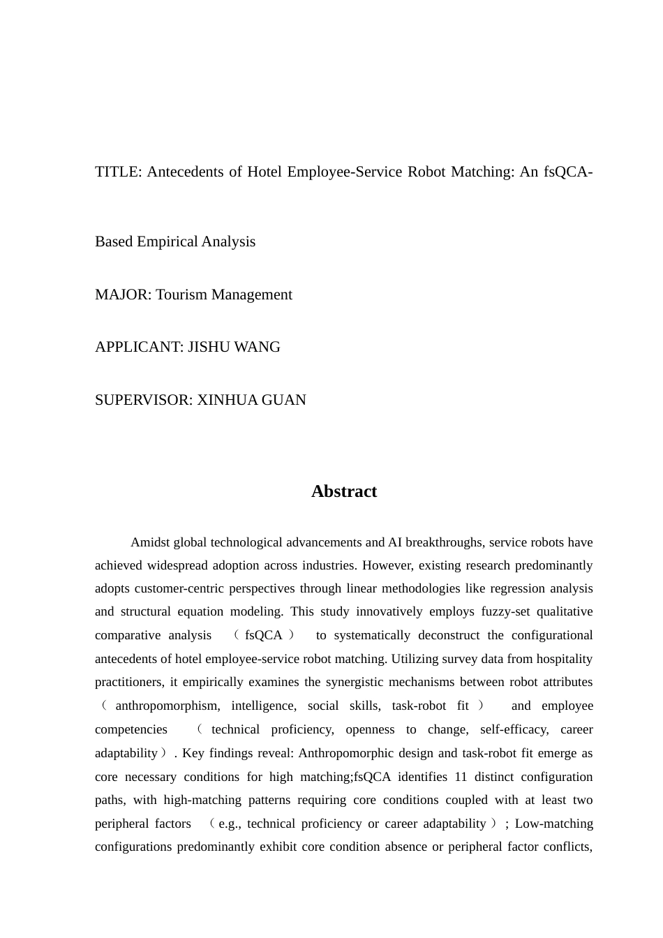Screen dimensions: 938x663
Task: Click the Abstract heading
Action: tap(344, 491)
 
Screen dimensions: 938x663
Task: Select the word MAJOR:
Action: tap(123, 295)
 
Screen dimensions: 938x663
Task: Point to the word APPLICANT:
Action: tap(139, 347)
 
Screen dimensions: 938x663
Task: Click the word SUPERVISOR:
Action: tap(144, 400)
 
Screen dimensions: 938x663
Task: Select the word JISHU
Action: tap(209, 347)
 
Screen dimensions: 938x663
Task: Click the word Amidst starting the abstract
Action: tap(150, 542)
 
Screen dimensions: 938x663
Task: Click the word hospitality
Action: tap(559, 659)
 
